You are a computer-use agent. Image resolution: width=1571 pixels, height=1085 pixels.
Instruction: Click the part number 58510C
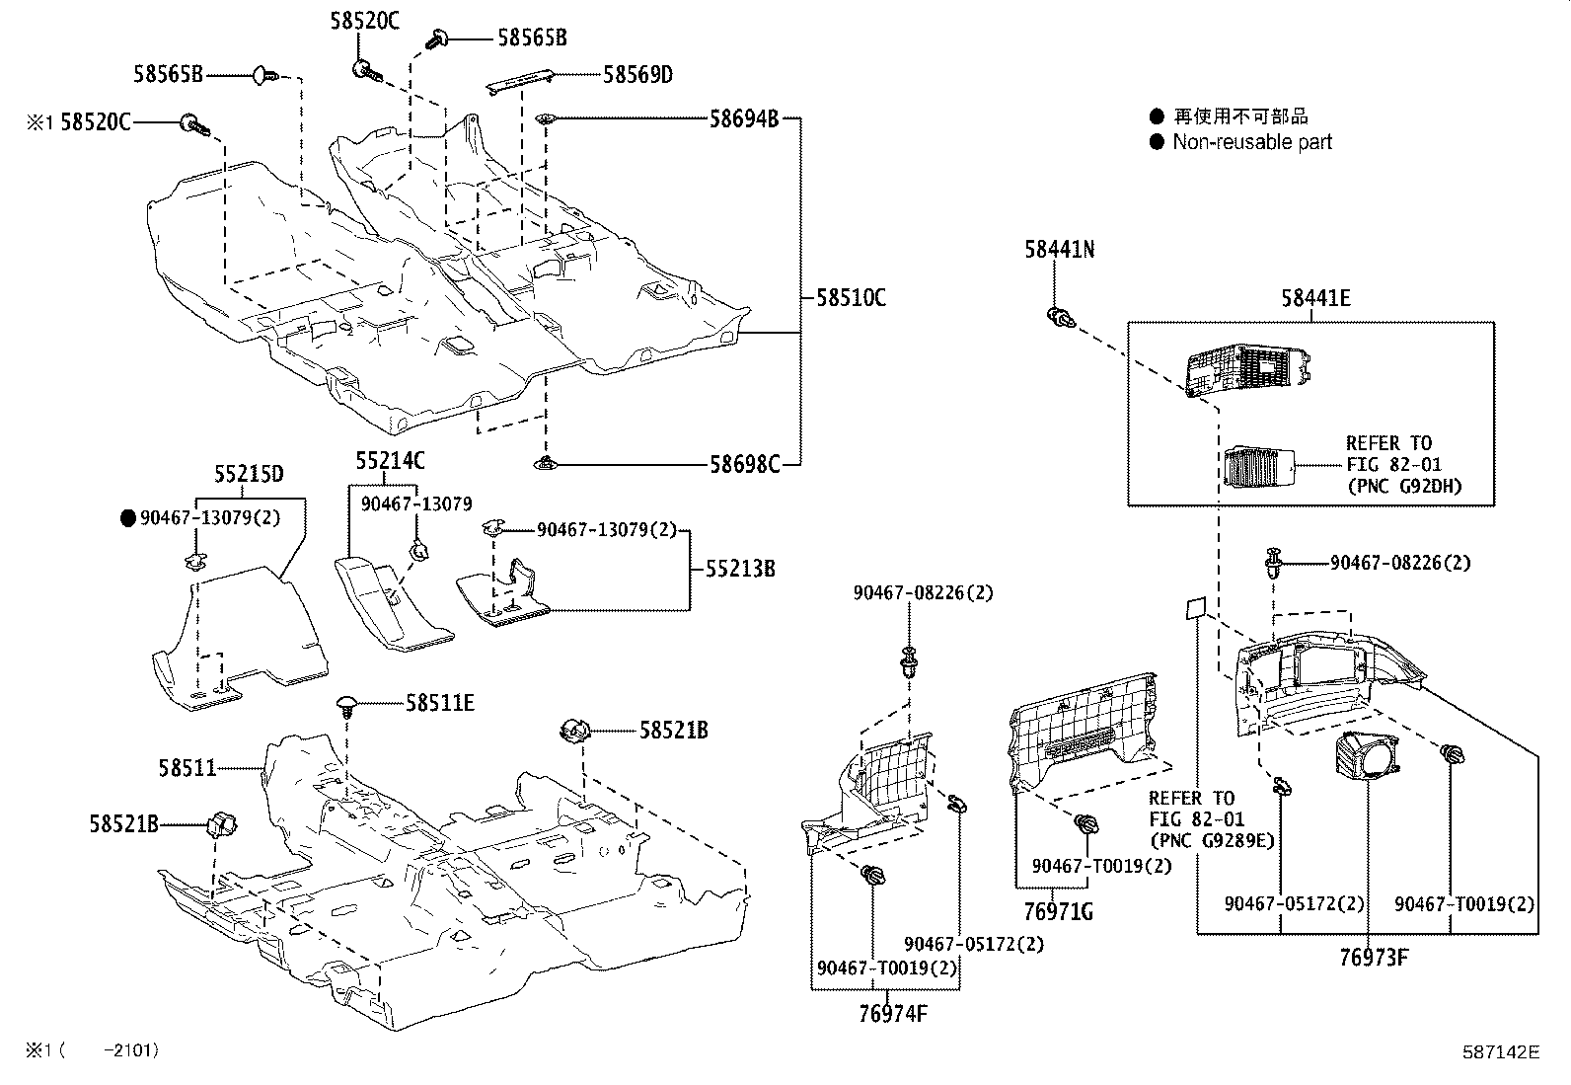pos(850,296)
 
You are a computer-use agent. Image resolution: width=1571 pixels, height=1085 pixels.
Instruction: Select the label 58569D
pos(637,74)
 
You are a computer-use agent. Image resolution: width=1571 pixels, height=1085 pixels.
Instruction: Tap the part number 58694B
pos(744,119)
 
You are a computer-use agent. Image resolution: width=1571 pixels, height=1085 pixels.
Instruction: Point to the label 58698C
pos(744,463)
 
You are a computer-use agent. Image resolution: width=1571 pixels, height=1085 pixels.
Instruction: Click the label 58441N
pos(1059,250)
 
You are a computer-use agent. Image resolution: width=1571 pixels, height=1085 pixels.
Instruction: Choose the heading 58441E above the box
pos(1315,297)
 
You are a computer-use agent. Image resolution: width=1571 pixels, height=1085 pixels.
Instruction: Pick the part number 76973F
pos(1373,957)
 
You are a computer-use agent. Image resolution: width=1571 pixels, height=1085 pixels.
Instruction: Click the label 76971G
pos(1059,910)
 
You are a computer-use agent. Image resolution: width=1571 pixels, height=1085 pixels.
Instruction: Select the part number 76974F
pos(893,1013)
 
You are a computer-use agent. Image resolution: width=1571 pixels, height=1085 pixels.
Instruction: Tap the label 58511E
pos(439,703)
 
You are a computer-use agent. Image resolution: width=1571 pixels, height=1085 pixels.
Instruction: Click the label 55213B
pos(739,569)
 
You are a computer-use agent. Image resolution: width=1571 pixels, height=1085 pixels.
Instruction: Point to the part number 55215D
pos(249,475)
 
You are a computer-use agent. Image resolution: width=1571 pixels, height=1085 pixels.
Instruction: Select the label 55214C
pos(390,460)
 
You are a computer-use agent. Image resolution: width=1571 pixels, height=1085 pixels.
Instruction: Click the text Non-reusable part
pos(1251,142)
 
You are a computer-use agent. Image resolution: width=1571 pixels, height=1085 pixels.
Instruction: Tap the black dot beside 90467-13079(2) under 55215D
pos(127,517)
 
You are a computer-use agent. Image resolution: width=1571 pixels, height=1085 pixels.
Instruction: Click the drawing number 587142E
pos(1500,1051)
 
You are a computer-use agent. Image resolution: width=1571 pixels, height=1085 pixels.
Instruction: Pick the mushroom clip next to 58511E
pos(347,704)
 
